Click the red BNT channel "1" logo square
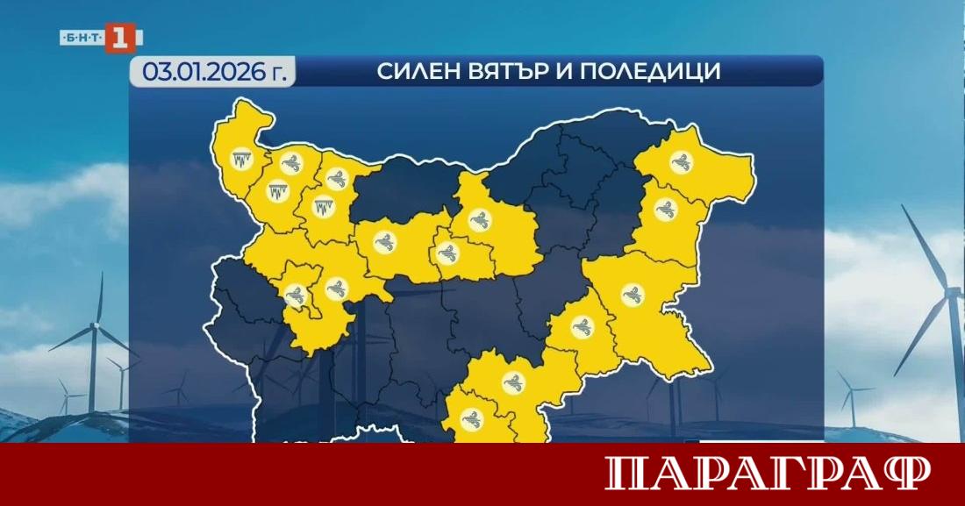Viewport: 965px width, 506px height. (x=120, y=38)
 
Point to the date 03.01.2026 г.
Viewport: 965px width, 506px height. (x=211, y=72)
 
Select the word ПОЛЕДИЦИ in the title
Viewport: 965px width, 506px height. (x=664, y=72)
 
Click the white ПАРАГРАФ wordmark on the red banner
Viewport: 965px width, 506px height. (x=768, y=474)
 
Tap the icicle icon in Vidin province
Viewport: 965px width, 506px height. (x=240, y=160)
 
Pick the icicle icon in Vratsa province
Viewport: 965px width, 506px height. (x=325, y=207)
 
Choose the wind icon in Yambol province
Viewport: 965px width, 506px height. (x=582, y=327)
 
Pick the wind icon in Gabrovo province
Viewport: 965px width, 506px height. (x=447, y=254)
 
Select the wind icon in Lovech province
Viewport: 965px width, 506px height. (x=384, y=242)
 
